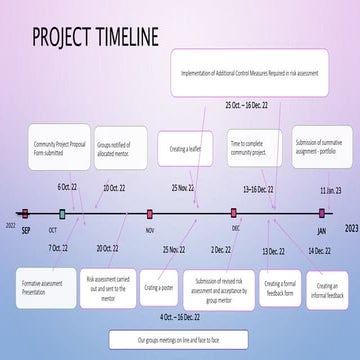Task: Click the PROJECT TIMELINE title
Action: click(95, 37)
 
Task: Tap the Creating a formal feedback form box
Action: click(281, 288)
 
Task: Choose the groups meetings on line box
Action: click(179, 340)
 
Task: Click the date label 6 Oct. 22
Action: click(66, 187)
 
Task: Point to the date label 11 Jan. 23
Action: click(330, 189)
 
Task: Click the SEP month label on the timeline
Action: click(27, 229)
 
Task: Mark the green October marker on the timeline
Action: click(62, 213)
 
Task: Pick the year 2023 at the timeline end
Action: click(350, 228)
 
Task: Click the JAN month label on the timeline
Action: click(322, 229)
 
